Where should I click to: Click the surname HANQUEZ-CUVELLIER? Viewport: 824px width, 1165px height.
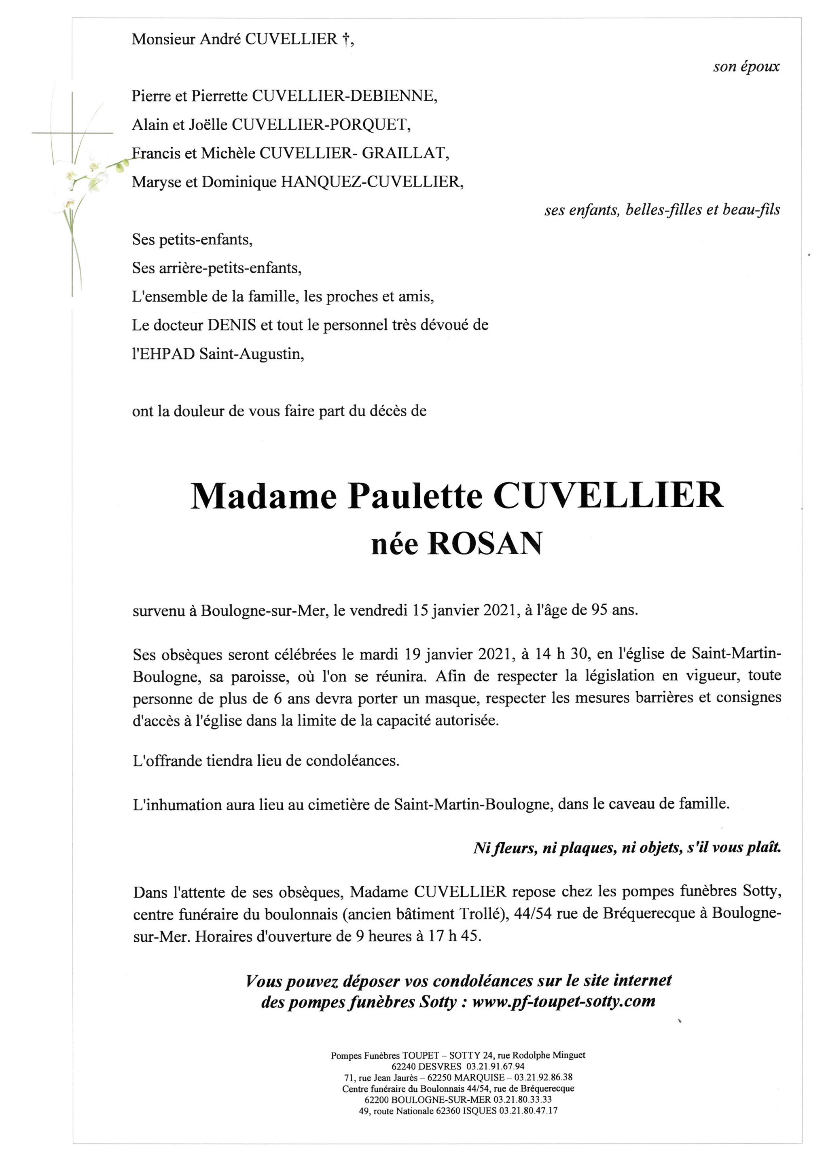[x=371, y=182]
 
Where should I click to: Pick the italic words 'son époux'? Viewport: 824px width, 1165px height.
[x=746, y=67]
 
